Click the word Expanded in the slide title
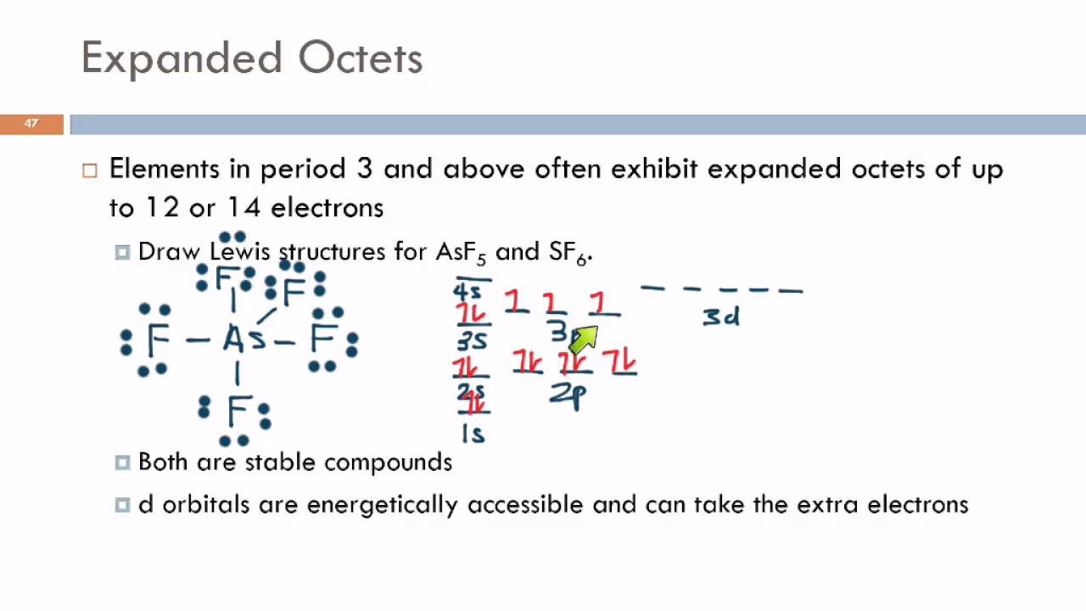point(182,59)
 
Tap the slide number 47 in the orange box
point(31,124)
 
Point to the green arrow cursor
point(583,338)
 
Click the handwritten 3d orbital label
point(721,317)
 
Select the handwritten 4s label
point(467,292)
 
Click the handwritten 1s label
point(473,434)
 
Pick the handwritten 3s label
point(472,341)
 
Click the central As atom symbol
point(244,340)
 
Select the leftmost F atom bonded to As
point(158,340)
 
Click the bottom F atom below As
point(237,412)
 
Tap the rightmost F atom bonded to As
point(322,339)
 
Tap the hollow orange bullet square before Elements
point(90,170)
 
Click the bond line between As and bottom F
point(237,373)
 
